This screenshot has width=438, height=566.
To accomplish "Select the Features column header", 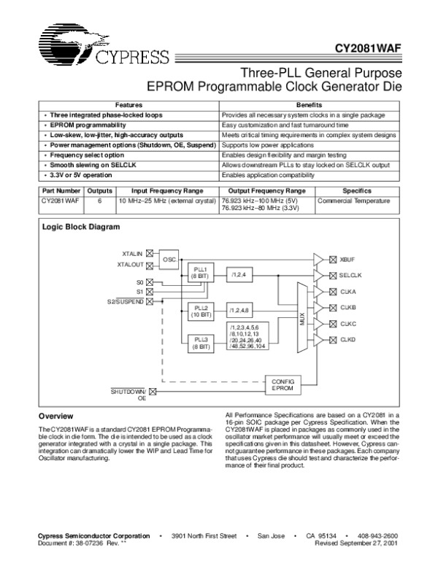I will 128,106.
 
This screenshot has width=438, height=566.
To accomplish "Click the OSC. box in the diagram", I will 169,259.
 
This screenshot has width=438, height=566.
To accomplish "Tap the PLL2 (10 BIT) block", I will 199,311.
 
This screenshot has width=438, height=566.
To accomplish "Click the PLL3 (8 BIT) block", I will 199,342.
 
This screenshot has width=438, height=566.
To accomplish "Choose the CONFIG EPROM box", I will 282,385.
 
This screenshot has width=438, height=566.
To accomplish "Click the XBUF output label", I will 347,259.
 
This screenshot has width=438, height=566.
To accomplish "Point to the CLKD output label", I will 348,339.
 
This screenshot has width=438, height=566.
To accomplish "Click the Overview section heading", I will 55,416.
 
